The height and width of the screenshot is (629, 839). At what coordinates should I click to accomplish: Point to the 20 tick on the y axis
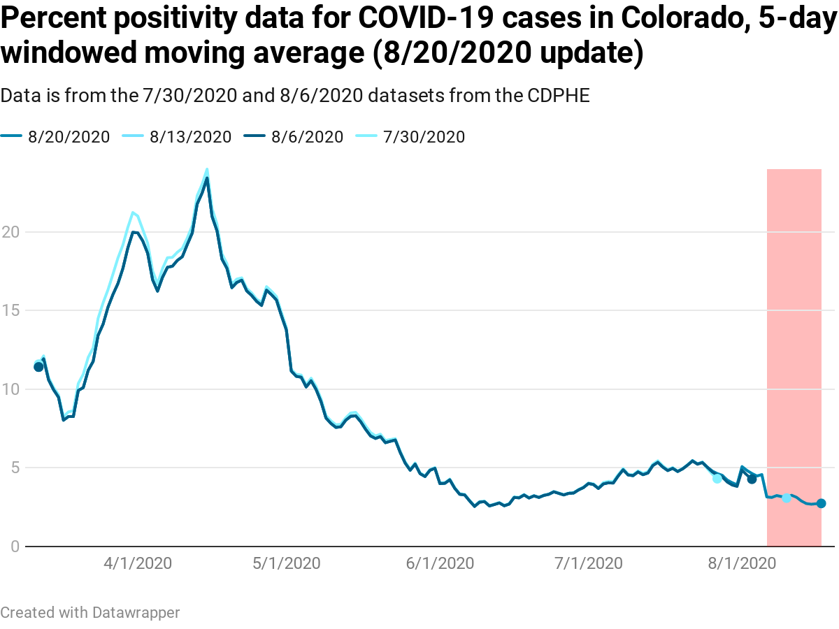tap(10, 232)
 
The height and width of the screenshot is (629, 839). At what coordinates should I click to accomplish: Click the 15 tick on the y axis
tap(10, 310)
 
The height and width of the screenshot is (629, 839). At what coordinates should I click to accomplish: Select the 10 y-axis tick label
tap(10, 389)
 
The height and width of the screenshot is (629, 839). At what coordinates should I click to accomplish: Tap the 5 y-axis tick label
tap(14, 468)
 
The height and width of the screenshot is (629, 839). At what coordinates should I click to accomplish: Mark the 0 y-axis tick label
tap(14, 546)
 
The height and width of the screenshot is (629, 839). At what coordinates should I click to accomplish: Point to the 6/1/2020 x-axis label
tap(439, 563)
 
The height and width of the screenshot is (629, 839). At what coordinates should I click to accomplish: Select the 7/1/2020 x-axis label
tap(587, 563)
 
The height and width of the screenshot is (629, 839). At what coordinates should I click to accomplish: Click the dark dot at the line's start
tap(38, 367)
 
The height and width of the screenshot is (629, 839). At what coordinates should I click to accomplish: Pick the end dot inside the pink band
tap(821, 503)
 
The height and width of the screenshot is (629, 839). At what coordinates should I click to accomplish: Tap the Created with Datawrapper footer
tap(90, 613)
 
